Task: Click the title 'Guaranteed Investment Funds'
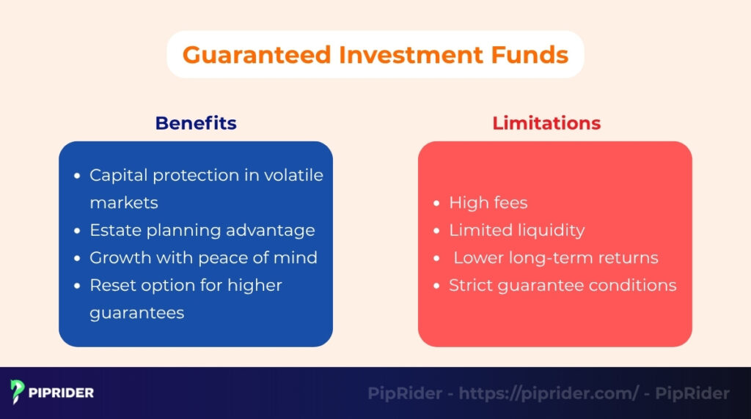[375, 55]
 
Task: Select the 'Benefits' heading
[196, 123]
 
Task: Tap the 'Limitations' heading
[546, 123]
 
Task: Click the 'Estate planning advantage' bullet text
[202, 230]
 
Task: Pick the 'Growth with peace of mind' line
[203, 257]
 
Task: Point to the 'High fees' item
[488, 202]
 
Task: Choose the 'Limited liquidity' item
[516, 230]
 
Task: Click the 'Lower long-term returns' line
[555, 258]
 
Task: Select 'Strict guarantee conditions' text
[563, 285]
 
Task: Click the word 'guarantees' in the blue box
[136, 312]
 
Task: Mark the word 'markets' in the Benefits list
[123, 202]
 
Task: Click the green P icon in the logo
[18, 393]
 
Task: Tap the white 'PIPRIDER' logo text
[62, 393]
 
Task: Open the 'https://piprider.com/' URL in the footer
[549, 393]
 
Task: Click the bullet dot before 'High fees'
[437, 203]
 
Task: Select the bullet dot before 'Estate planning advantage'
[78, 231]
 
